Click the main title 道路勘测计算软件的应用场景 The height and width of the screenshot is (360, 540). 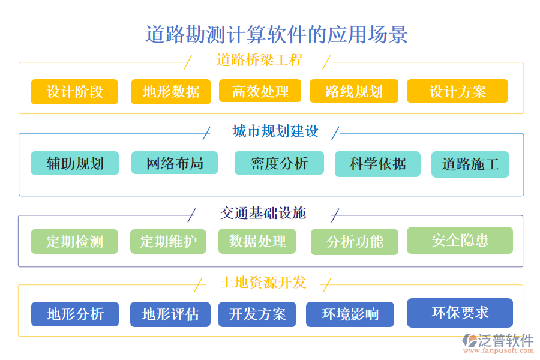point(277,34)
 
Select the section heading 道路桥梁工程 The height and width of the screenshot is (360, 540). point(259,60)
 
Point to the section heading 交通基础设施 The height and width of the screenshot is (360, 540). point(263,213)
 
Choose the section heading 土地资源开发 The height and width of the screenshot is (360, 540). point(263,283)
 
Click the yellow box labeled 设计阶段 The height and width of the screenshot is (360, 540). point(74,92)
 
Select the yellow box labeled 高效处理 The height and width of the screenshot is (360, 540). point(260,91)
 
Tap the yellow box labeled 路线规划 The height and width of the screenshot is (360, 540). point(354,91)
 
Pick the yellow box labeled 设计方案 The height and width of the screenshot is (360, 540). point(457,91)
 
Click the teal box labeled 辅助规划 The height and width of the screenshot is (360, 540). point(74,163)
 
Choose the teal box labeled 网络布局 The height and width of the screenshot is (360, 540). point(175,163)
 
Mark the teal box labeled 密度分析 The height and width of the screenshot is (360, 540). point(279,163)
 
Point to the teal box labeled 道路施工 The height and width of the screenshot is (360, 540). point(470,164)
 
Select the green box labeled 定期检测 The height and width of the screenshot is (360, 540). point(74,242)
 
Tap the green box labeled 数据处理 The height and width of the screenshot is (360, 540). point(257,241)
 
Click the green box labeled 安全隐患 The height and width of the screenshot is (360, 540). point(460,240)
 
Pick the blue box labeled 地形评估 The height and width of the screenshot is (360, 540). point(170,314)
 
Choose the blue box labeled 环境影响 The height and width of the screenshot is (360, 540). point(350,314)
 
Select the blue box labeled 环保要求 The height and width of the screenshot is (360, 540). point(460,313)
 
